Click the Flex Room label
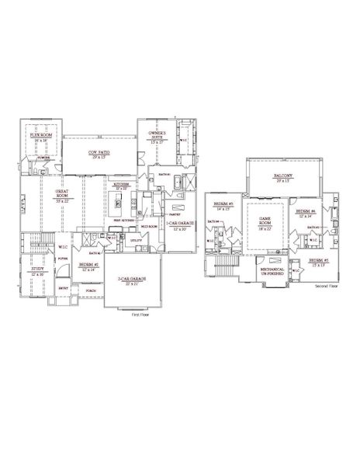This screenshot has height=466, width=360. pos(40,134)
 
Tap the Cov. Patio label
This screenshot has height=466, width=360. pos(99,153)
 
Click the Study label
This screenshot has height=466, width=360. pos(38,273)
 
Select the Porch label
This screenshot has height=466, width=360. pos(91,291)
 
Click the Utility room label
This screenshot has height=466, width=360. pos(135,241)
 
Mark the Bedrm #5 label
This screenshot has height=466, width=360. pos(319,261)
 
